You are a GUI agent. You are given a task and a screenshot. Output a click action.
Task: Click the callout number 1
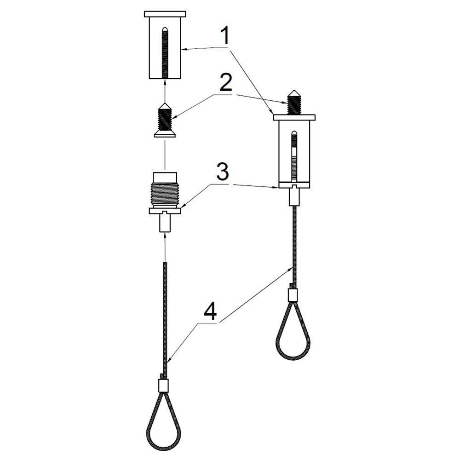pos(225,36)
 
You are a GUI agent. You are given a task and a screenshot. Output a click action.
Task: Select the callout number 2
pos(225,83)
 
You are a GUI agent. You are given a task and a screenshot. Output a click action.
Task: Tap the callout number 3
pos(223,172)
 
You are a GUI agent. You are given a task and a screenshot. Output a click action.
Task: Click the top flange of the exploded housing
pos(165,14)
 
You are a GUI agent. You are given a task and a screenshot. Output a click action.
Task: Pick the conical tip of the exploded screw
pos(165,106)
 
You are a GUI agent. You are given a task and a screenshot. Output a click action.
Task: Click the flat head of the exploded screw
pos(165,134)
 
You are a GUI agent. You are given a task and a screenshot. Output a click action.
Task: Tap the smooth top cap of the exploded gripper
pos(165,178)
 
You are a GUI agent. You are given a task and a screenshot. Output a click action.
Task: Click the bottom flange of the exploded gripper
pos(165,211)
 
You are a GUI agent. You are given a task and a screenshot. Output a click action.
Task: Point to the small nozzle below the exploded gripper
pos(165,223)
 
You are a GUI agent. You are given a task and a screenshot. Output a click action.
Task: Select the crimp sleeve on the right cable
pos(293,295)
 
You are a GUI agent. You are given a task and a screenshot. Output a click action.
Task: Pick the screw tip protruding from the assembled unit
pos(294,102)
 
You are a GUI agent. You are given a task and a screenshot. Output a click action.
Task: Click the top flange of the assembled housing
pos(294,117)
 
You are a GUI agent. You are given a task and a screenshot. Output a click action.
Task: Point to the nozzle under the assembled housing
pos(294,196)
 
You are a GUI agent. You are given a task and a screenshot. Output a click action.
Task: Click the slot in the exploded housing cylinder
pos(165,53)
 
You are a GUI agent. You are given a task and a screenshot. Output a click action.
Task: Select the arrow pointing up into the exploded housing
pos(165,91)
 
